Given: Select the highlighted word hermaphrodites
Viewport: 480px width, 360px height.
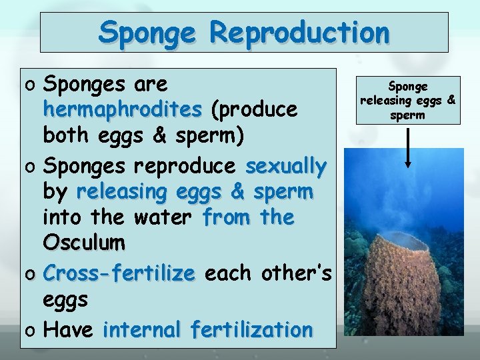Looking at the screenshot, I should [x=123, y=109].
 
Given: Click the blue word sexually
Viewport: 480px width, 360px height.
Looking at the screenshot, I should [x=286, y=165].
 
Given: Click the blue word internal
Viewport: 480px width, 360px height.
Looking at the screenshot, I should [x=142, y=329].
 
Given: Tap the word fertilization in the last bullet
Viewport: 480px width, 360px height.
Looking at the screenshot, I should [x=251, y=329].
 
